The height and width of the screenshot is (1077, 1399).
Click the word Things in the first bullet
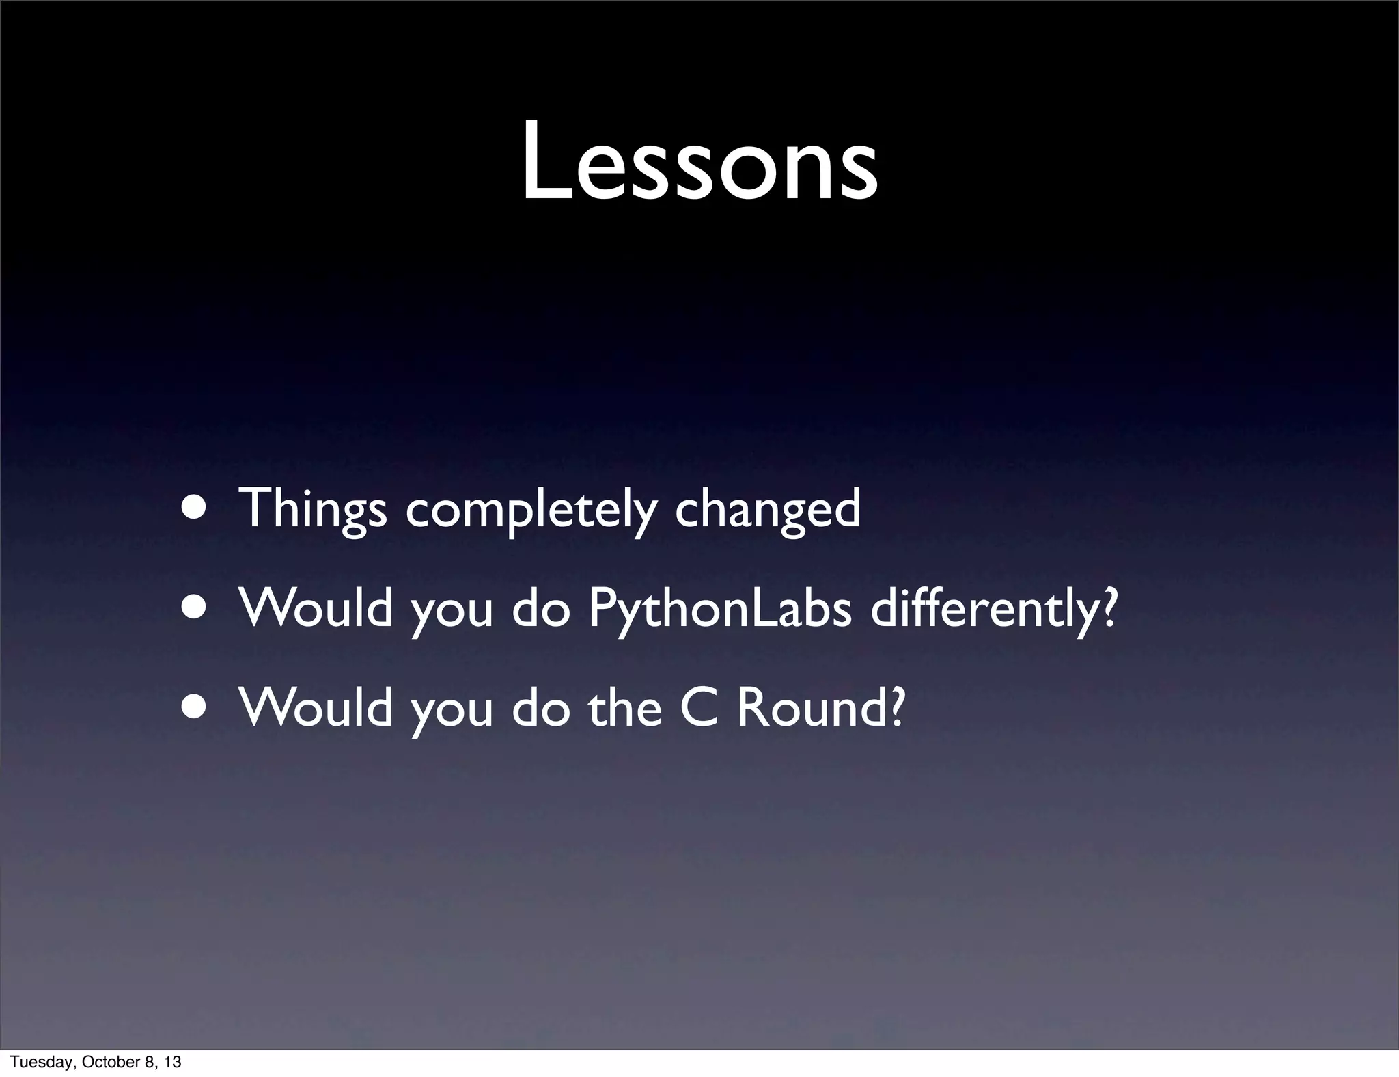tap(312, 509)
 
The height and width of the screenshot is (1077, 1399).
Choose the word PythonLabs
tap(719, 608)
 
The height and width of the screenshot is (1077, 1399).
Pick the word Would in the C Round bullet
tap(316, 708)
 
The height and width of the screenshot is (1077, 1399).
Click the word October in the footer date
tap(104, 1062)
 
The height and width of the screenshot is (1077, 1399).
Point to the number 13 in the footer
tap(172, 1062)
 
